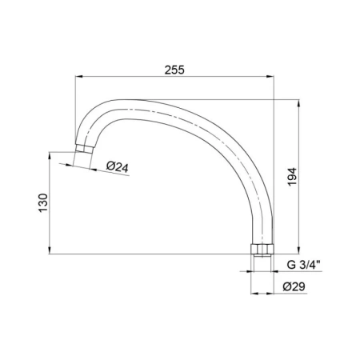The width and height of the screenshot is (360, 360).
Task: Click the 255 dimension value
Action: tap(174, 70)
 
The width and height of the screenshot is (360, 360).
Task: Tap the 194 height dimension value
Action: tap(292, 177)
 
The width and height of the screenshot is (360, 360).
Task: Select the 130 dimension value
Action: tap(43, 203)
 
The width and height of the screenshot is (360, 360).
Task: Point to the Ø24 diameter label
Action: tap(118, 166)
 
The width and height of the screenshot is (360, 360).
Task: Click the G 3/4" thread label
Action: tap(304, 265)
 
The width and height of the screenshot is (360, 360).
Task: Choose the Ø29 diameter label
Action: tap(294, 286)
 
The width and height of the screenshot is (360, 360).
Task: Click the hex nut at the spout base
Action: tap(262, 249)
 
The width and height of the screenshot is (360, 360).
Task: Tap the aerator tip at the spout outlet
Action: tap(84, 149)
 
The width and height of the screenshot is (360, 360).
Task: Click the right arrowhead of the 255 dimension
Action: tap(270, 77)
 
